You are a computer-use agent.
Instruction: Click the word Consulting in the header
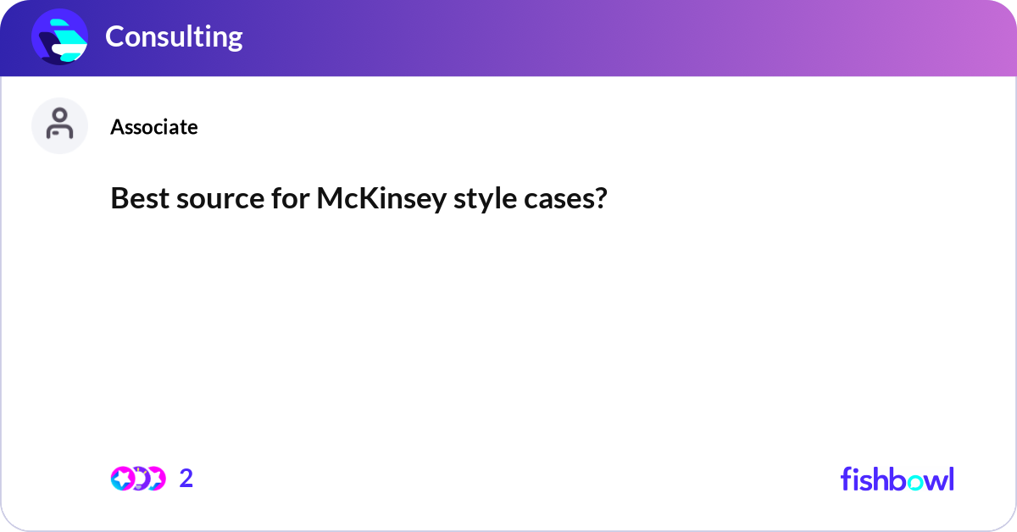[174, 36]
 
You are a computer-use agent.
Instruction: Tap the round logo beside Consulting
[59, 37]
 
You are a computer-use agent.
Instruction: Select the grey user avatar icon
[59, 125]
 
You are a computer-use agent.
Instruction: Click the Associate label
[154, 127]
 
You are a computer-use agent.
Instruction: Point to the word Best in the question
[136, 199]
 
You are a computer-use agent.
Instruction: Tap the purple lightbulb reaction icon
[138, 479]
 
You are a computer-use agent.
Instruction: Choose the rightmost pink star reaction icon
[155, 479]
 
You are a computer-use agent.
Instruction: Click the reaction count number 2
[186, 479]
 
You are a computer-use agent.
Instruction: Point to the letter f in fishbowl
[847, 479]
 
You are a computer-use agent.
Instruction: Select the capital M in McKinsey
[331, 199]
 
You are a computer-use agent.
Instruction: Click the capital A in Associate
[116, 127]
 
